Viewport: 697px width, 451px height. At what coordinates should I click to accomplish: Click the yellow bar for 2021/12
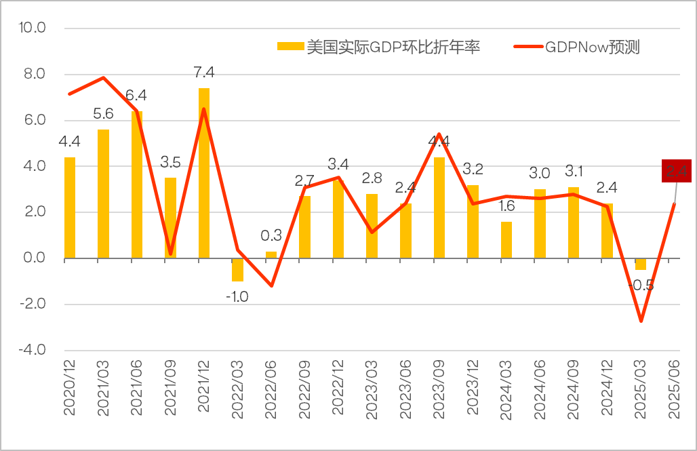coord(204,174)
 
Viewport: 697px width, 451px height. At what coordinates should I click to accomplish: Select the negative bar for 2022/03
coord(237,270)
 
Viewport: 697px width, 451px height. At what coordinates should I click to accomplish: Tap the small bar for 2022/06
coord(271,255)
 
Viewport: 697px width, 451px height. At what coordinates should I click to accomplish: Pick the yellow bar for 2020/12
coord(70,208)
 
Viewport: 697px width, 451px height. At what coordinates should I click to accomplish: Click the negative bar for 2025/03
coord(641,264)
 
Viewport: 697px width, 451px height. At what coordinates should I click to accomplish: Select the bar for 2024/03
coord(506,240)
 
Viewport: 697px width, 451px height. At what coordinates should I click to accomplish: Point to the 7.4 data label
coord(203,73)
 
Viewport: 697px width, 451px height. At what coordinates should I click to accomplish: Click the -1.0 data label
coord(237,296)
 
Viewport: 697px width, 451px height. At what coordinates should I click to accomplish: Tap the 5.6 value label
coord(103,114)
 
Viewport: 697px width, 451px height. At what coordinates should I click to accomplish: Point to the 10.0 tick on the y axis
coord(33,28)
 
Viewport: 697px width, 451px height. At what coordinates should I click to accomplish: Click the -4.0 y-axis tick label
coord(33,351)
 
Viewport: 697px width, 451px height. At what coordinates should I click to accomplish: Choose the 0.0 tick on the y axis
coord(35,258)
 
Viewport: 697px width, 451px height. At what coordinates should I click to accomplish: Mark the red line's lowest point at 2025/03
coord(641,321)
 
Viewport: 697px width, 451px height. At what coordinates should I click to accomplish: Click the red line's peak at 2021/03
coord(103,77)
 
